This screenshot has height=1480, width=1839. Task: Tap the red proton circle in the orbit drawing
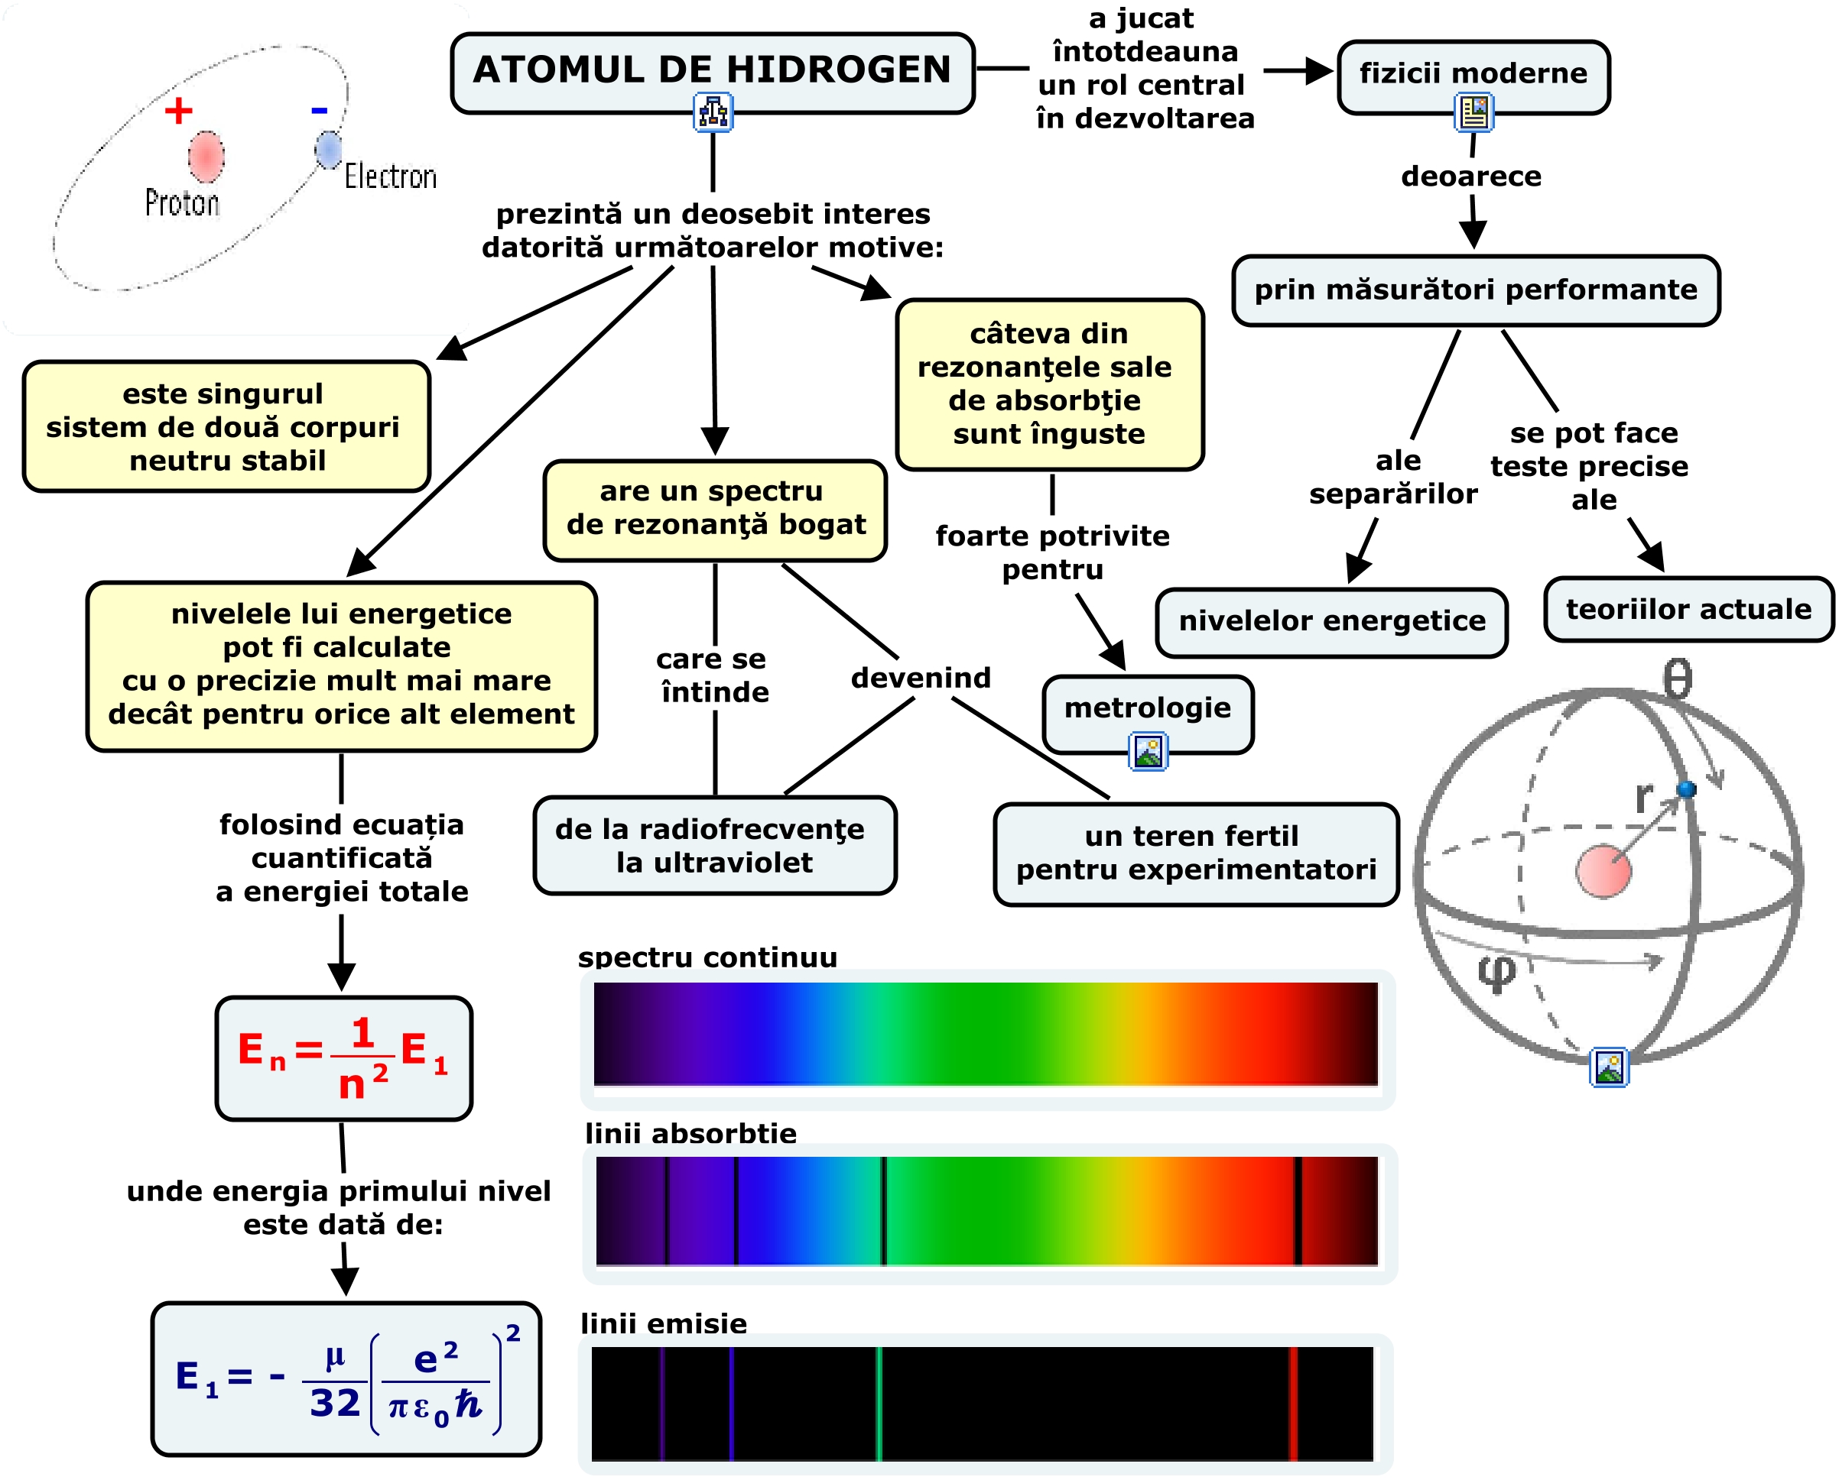(x=206, y=157)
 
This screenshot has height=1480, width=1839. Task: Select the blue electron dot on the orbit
(x=328, y=149)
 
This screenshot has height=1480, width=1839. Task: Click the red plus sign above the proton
(x=178, y=111)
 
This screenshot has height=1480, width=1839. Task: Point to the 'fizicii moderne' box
(x=1473, y=75)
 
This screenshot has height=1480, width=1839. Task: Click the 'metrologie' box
(x=1147, y=708)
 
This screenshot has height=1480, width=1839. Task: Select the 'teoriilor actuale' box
(x=1688, y=610)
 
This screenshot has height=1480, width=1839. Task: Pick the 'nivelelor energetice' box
(x=1331, y=621)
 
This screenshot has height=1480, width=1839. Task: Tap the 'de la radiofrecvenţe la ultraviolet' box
(x=714, y=846)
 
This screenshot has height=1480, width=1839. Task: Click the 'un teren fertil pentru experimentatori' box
(x=1196, y=853)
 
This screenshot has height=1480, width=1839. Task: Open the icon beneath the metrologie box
(x=1148, y=751)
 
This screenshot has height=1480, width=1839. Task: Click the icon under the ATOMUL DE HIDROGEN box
(x=713, y=112)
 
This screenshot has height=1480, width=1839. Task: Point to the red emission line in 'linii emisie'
(x=1293, y=1404)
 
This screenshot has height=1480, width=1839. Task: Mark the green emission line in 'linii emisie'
(x=879, y=1404)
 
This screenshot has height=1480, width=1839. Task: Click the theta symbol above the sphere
(x=1677, y=679)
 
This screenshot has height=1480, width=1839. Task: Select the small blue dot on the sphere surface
(x=1685, y=789)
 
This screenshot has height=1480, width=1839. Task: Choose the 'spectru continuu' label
(x=707, y=957)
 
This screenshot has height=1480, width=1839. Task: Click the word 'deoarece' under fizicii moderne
(x=1471, y=176)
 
